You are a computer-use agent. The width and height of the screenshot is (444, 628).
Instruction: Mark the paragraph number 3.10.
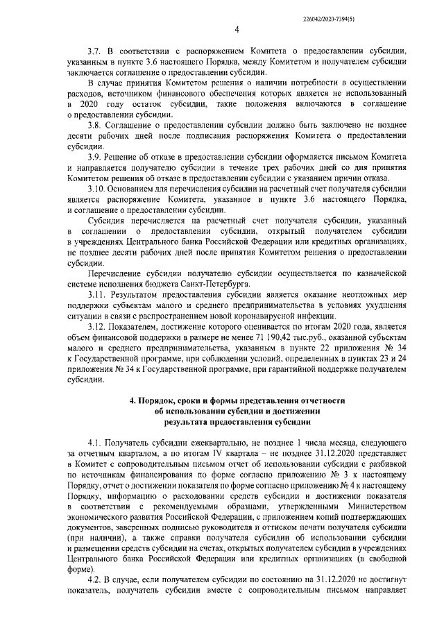coord(96,208)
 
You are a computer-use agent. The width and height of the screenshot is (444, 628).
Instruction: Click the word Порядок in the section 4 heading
coord(161,401)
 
